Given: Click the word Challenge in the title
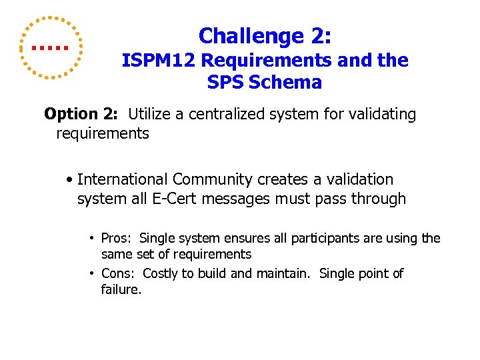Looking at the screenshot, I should point(243,36).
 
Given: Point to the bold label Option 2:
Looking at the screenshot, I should point(81,115).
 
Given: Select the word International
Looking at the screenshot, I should point(123,179).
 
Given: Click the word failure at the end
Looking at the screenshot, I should point(121,289).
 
